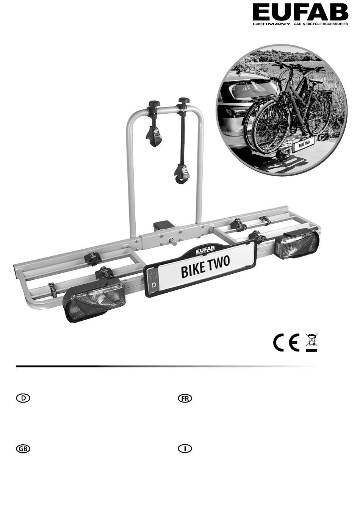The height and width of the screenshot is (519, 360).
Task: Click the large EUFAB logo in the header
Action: tap(300, 13)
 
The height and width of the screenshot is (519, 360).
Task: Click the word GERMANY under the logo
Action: tap(271, 24)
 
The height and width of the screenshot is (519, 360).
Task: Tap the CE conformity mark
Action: tap(286, 343)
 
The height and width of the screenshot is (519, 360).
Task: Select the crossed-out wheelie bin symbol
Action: tap(311, 342)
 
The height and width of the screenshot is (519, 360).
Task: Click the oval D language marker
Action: tap(23, 398)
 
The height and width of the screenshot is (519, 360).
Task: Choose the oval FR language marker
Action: tap(185, 398)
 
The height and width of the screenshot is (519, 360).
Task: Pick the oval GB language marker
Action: tap(23, 449)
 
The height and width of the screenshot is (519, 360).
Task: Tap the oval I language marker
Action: tap(185, 449)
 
